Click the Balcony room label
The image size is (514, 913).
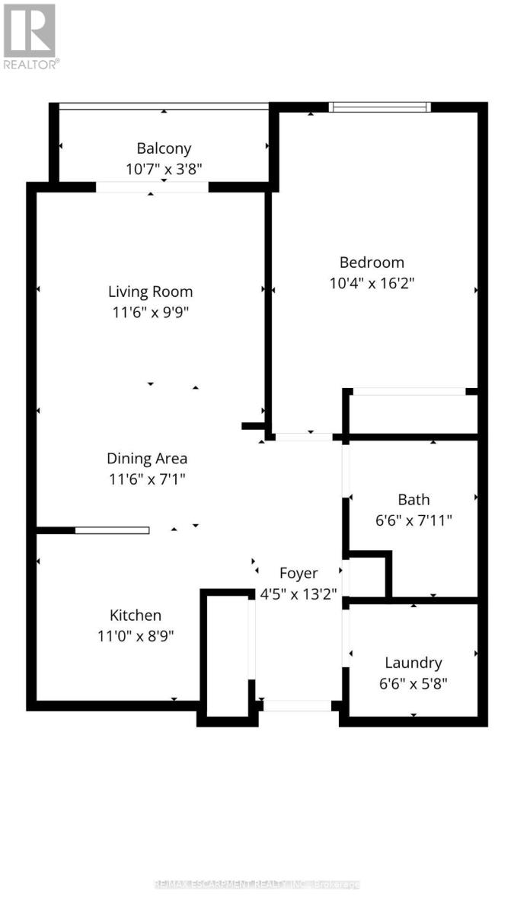pyautogui.click(x=164, y=148)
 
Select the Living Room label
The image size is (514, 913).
pyautogui.click(x=150, y=291)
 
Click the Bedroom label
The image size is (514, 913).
pyautogui.click(x=372, y=262)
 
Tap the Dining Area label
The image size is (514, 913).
pyautogui.click(x=147, y=459)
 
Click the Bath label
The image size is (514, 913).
pyautogui.click(x=413, y=500)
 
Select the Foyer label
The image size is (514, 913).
pyautogui.click(x=299, y=573)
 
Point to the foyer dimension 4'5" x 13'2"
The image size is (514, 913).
pyautogui.click(x=299, y=593)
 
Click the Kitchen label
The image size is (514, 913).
pyautogui.click(x=136, y=616)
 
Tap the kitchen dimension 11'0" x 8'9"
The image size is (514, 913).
pyautogui.click(x=136, y=635)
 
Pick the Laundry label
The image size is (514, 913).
pyautogui.click(x=413, y=663)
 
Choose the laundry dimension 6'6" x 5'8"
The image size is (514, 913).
pyautogui.click(x=413, y=682)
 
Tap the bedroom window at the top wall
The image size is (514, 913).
pyautogui.click(x=380, y=107)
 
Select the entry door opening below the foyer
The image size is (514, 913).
pyautogui.click(x=297, y=705)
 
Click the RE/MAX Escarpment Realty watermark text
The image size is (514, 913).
pyautogui.click(x=257, y=884)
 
